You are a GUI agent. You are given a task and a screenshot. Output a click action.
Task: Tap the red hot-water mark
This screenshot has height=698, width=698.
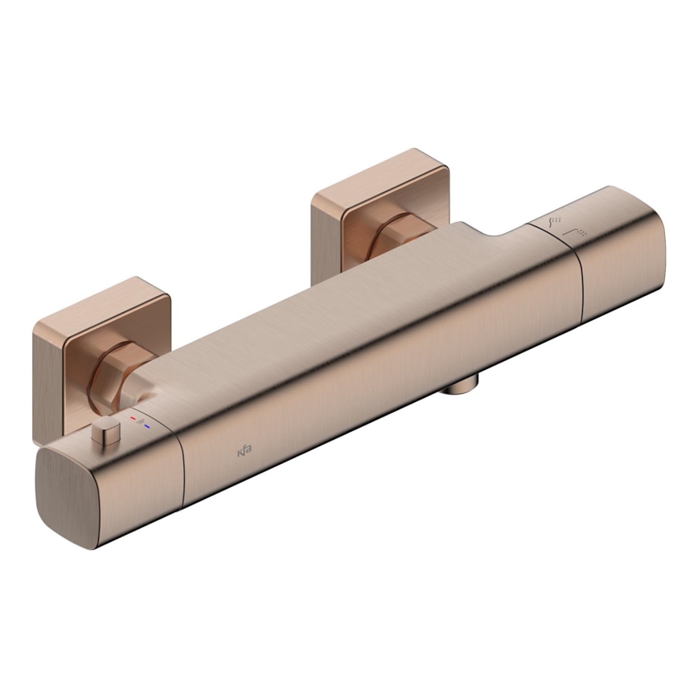tap(133, 419)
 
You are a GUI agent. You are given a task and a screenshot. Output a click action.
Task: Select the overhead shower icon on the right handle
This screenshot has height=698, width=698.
tap(578, 232)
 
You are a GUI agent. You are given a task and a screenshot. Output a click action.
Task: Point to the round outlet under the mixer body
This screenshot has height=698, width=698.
tap(460, 387)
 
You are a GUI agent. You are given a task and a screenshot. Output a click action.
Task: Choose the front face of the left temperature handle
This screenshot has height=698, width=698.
tap(137, 491)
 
